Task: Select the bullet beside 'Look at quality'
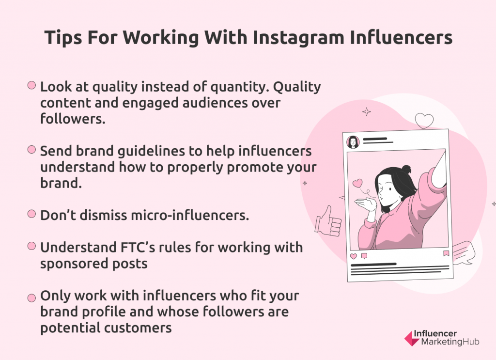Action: click(x=31, y=85)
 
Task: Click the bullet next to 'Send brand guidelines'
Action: click(x=31, y=150)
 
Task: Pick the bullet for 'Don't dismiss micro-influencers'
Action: click(x=31, y=214)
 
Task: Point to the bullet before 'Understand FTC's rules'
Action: click(x=31, y=246)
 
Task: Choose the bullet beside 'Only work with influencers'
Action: click(x=31, y=298)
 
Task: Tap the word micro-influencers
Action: click(x=190, y=215)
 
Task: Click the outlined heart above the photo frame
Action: click(x=424, y=121)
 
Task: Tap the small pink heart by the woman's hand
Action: click(x=357, y=183)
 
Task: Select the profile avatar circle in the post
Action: click(x=353, y=142)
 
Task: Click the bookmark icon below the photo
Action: click(x=446, y=253)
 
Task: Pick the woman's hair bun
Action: click(x=406, y=169)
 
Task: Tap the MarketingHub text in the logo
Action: click(x=450, y=342)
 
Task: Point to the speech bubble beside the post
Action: click(x=464, y=253)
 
